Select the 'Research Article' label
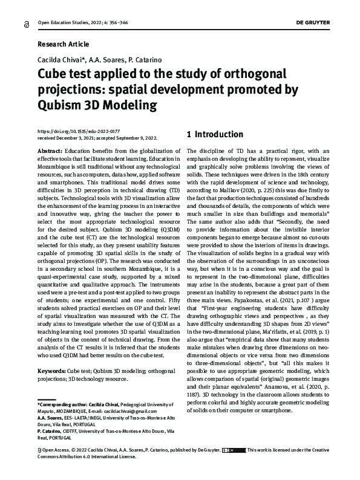pos(63,44)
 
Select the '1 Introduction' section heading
pos(215,134)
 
